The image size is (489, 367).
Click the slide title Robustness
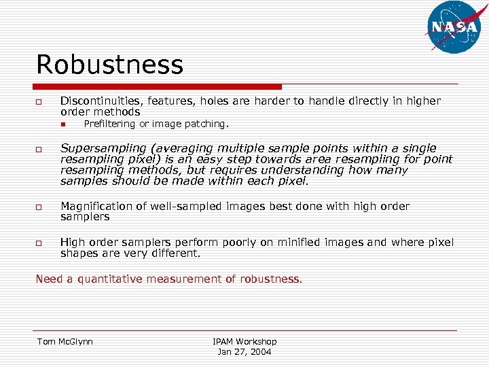(109, 65)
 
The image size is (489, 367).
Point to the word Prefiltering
(109, 124)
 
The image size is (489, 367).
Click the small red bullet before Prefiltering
(61, 124)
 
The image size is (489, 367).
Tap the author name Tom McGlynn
(65, 341)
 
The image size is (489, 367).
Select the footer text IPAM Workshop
(244, 341)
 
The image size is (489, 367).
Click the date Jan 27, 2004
(244, 352)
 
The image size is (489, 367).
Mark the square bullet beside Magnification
(39, 207)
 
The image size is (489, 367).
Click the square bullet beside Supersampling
(39, 150)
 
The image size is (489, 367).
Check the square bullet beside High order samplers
(39, 243)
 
